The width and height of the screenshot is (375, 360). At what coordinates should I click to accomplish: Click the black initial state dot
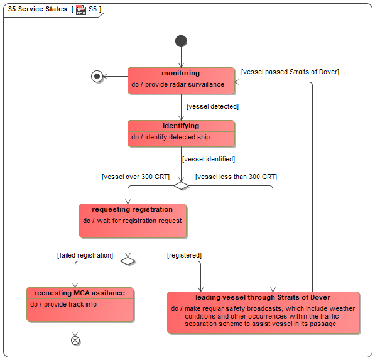[181, 41]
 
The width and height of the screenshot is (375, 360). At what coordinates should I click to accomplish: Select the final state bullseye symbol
[97, 76]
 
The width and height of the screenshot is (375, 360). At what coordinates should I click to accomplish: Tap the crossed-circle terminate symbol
[75, 341]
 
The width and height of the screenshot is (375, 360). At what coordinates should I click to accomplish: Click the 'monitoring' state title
[180, 73]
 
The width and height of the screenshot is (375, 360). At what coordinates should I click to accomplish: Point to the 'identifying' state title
[181, 126]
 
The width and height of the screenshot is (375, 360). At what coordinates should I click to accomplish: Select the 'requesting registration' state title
[133, 209]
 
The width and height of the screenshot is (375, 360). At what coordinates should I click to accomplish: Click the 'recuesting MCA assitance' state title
[79, 293]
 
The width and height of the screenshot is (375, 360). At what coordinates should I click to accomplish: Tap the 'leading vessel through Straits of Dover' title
[263, 297]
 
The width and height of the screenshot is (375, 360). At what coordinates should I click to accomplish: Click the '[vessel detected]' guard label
[212, 106]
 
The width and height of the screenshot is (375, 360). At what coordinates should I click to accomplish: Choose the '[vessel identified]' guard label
[209, 159]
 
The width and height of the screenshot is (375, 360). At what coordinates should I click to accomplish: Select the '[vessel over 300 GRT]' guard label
[136, 177]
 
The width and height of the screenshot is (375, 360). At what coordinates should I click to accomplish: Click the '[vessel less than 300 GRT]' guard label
[236, 177]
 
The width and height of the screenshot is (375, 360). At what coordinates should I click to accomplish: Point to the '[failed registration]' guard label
[85, 255]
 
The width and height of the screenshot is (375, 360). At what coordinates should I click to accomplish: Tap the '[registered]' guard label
[184, 255]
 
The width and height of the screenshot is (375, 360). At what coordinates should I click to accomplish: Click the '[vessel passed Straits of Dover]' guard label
[290, 72]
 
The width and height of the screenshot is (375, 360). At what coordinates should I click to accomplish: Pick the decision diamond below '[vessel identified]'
[181, 185]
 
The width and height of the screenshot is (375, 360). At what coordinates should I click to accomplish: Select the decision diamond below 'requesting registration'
[128, 261]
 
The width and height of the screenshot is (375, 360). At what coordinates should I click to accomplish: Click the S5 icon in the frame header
[81, 10]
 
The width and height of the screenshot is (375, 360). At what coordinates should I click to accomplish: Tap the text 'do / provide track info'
[63, 304]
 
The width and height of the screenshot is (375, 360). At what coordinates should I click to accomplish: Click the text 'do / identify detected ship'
[170, 137]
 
